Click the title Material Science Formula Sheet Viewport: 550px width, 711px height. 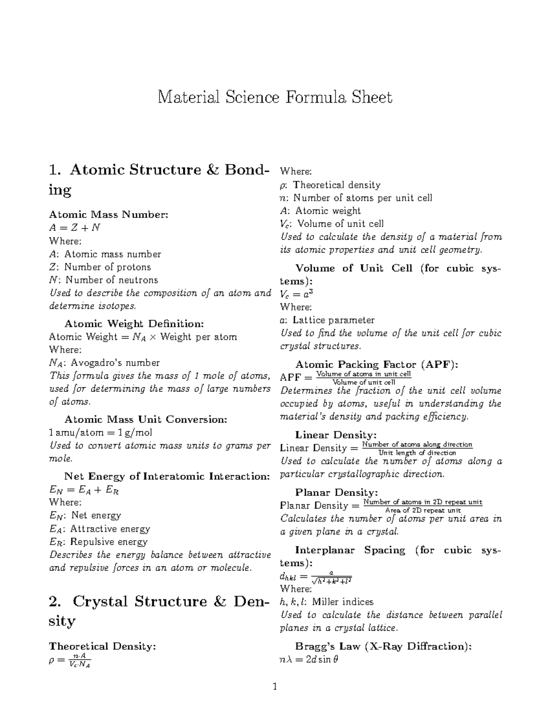(275, 98)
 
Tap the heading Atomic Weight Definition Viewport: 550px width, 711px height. (134, 324)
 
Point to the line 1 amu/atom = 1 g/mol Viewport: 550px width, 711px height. (100, 433)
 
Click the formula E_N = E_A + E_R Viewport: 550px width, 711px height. (84, 490)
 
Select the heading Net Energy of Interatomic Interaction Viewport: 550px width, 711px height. (167, 476)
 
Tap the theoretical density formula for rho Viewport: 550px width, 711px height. (70, 660)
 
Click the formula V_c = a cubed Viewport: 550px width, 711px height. (296, 294)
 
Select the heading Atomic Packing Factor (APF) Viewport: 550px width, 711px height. (377, 365)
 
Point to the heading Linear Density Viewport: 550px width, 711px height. (335, 435)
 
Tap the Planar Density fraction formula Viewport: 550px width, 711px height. (381, 506)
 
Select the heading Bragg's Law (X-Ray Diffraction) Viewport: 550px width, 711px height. (383, 646)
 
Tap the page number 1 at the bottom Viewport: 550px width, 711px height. (275, 686)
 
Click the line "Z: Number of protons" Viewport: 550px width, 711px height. (100, 267)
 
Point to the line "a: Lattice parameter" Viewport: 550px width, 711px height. (327, 320)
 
